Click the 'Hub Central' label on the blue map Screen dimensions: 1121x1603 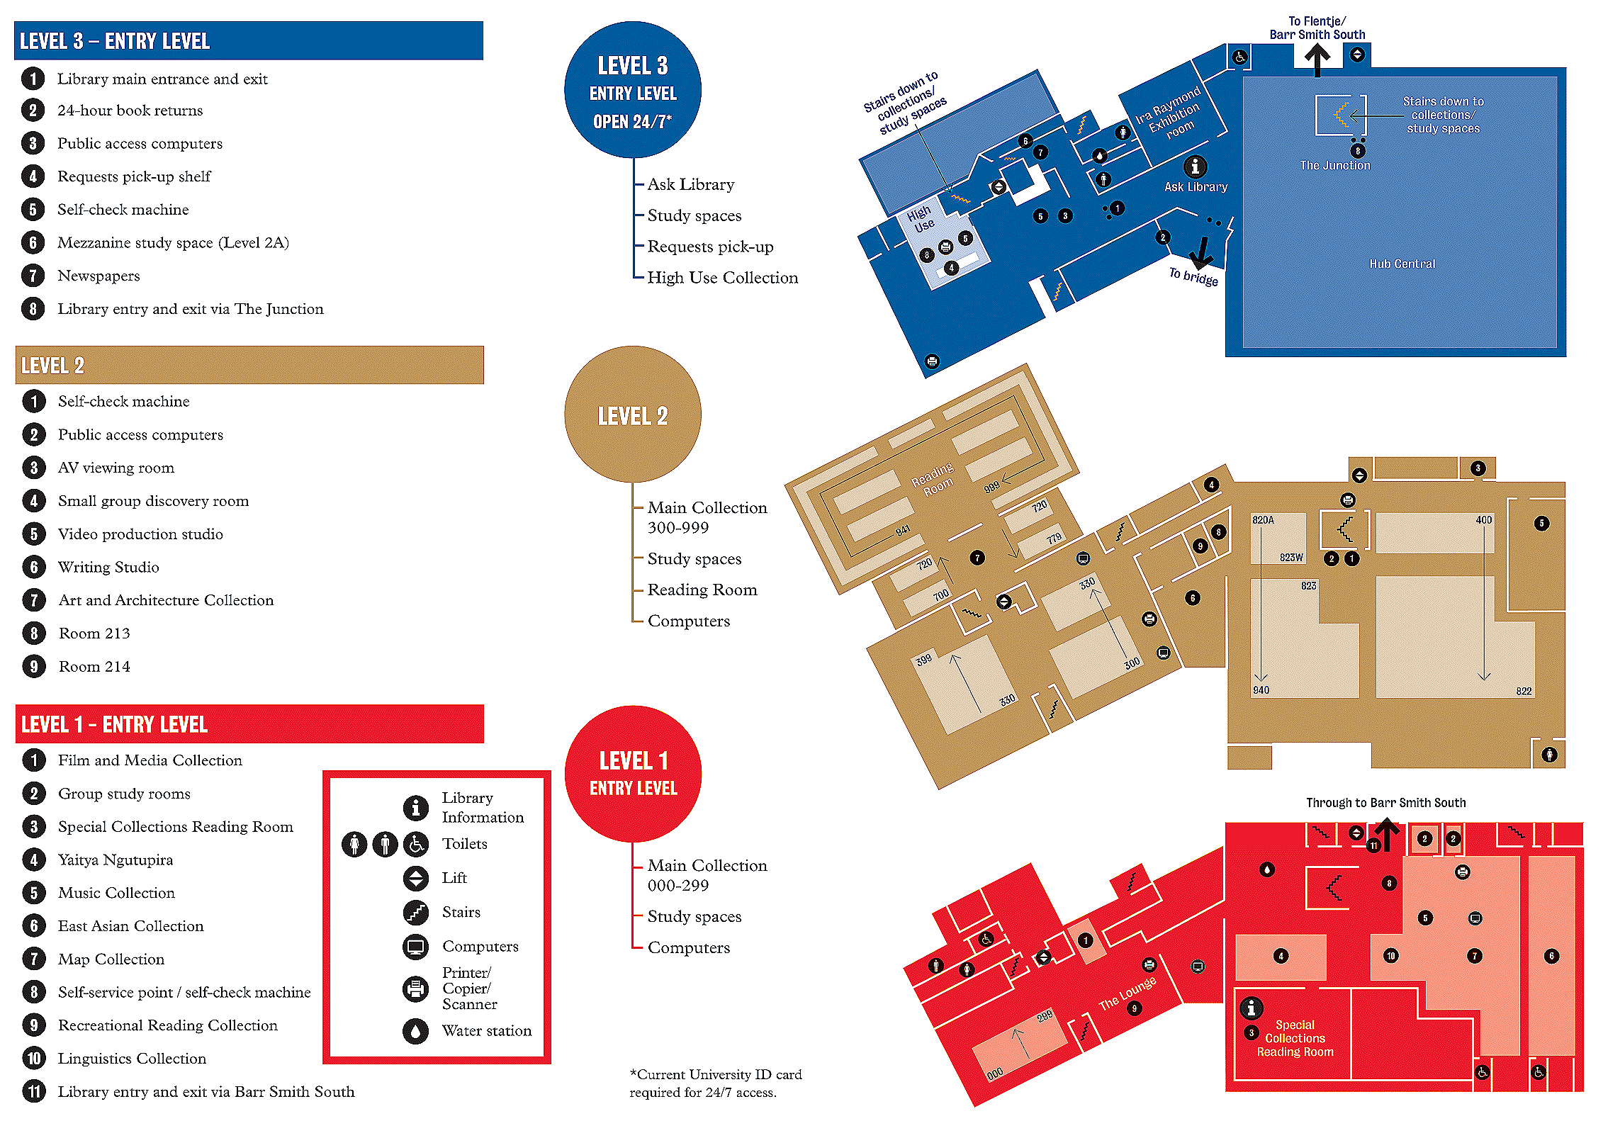point(1402,264)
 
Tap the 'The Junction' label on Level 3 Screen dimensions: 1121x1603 point(1334,165)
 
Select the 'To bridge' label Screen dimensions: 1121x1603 point(1193,276)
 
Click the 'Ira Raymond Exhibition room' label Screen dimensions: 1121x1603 point(1170,114)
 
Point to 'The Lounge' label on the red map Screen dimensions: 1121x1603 point(1127,993)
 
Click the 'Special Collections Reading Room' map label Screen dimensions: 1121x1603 point(1295,1038)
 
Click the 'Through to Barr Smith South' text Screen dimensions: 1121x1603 point(1385,802)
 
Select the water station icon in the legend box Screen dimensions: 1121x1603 point(415,1030)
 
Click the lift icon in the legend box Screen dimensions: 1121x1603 point(415,878)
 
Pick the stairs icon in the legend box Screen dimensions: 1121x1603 point(415,912)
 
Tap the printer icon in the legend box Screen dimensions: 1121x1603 point(415,988)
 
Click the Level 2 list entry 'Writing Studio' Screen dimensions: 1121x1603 point(108,567)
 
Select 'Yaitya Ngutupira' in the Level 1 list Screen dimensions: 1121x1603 point(116,860)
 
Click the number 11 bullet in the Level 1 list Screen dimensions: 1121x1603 point(34,1091)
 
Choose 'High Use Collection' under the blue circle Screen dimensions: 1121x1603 point(722,278)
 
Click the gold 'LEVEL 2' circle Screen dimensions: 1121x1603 point(632,415)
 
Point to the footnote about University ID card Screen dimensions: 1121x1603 point(715,1083)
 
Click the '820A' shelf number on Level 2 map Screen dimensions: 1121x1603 point(1263,520)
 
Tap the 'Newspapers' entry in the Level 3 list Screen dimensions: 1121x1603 point(99,276)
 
